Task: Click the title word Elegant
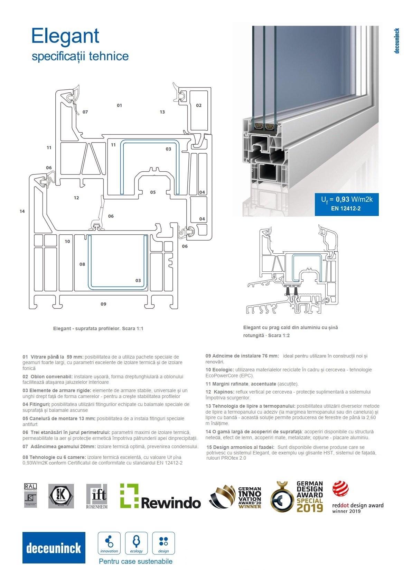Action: coord(65,36)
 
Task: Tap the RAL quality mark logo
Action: coord(30,496)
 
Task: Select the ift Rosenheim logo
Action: coord(97,496)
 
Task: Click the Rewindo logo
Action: coord(160,496)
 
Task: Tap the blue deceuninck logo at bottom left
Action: coord(54,548)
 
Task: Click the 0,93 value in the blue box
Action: coord(343,199)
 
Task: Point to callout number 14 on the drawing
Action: coord(22,211)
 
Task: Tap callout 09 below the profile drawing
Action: coord(103,304)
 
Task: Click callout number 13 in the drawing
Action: coord(162,112)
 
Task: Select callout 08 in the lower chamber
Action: coord(82,264)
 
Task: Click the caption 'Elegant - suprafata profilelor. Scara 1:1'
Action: coord(98,328)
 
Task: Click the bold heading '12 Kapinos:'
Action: coord(220,392)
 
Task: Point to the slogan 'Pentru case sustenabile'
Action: coord(135,561)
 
